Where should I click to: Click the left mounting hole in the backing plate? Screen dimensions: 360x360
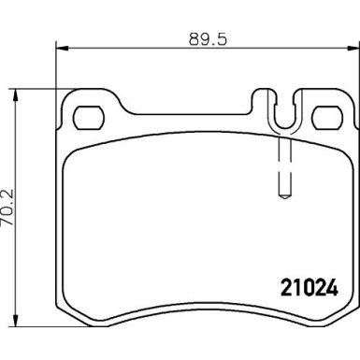pyautogui.click(x=89, y=117)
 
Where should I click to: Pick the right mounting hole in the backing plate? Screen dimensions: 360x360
pyautogui.click(x=327, y=118)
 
